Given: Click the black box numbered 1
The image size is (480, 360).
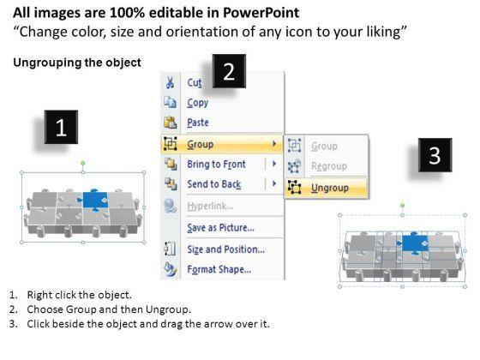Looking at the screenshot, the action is point(61,127).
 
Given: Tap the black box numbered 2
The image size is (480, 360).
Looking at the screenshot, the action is point(229,71).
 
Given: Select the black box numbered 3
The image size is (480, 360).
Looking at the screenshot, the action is point(435,155).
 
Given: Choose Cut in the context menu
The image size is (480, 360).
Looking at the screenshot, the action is point(195,82).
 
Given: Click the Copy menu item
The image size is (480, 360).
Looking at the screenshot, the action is point(198,103).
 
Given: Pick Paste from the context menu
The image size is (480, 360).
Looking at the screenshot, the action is point(198,123).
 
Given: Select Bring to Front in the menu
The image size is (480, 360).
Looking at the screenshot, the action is point(216,165).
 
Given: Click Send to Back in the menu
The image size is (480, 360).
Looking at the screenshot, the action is point(214,184).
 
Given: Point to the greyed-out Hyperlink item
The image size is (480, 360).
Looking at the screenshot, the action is point(210,206).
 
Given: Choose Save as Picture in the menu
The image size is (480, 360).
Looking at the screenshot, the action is point(221,228).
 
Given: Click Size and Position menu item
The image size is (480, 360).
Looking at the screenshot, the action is point(226,249).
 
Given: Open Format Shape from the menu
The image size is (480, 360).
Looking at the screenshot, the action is point(219,269).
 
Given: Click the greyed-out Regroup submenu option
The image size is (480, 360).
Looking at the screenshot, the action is point(329,166).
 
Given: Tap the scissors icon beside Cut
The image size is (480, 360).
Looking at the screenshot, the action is point(171,82).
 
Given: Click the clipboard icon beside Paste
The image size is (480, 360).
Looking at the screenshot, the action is point(171,123).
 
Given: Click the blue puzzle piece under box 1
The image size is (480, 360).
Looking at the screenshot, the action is point(94,201).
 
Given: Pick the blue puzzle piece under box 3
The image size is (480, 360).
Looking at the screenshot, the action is point(413,243).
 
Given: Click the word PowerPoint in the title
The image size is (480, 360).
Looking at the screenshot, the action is point(261,13).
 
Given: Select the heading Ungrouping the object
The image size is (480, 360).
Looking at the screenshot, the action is point(77,63).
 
